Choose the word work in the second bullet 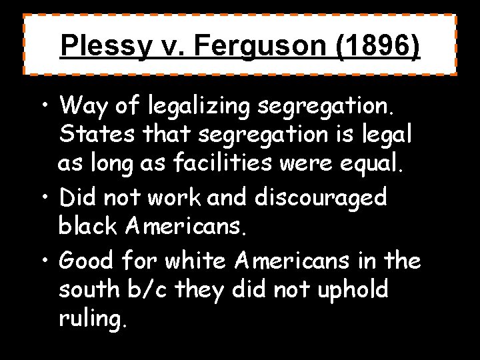[x=175, y=197]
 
